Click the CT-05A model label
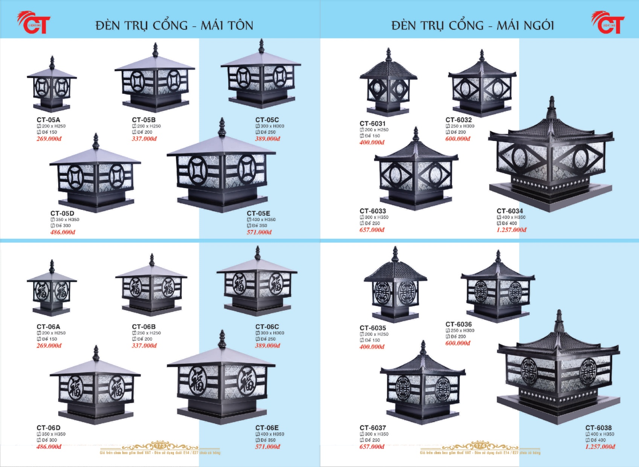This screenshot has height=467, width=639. coord(48,120)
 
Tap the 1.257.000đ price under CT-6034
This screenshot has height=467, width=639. coord(511,230)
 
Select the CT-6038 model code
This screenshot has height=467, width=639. coord(598,427)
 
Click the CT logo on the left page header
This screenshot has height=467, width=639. coord(34,23)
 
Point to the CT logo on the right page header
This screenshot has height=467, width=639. coord(608,23)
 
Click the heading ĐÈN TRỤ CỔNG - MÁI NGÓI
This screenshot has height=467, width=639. coord(473,25)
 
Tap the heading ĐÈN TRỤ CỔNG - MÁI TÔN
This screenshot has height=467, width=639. coord(174,25)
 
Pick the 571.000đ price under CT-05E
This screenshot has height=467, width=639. coord(259,232)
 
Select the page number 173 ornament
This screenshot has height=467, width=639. coord(160,446)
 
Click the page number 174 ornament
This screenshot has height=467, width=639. coord(480,446)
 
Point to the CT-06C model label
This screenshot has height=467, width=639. coord(267,327)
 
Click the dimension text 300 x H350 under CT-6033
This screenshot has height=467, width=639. coord(376,217)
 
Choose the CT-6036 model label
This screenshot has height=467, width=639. coord(458,324)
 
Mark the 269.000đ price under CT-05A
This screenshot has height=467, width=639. coord(49,139)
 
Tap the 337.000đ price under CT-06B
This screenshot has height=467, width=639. coord(144,345)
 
